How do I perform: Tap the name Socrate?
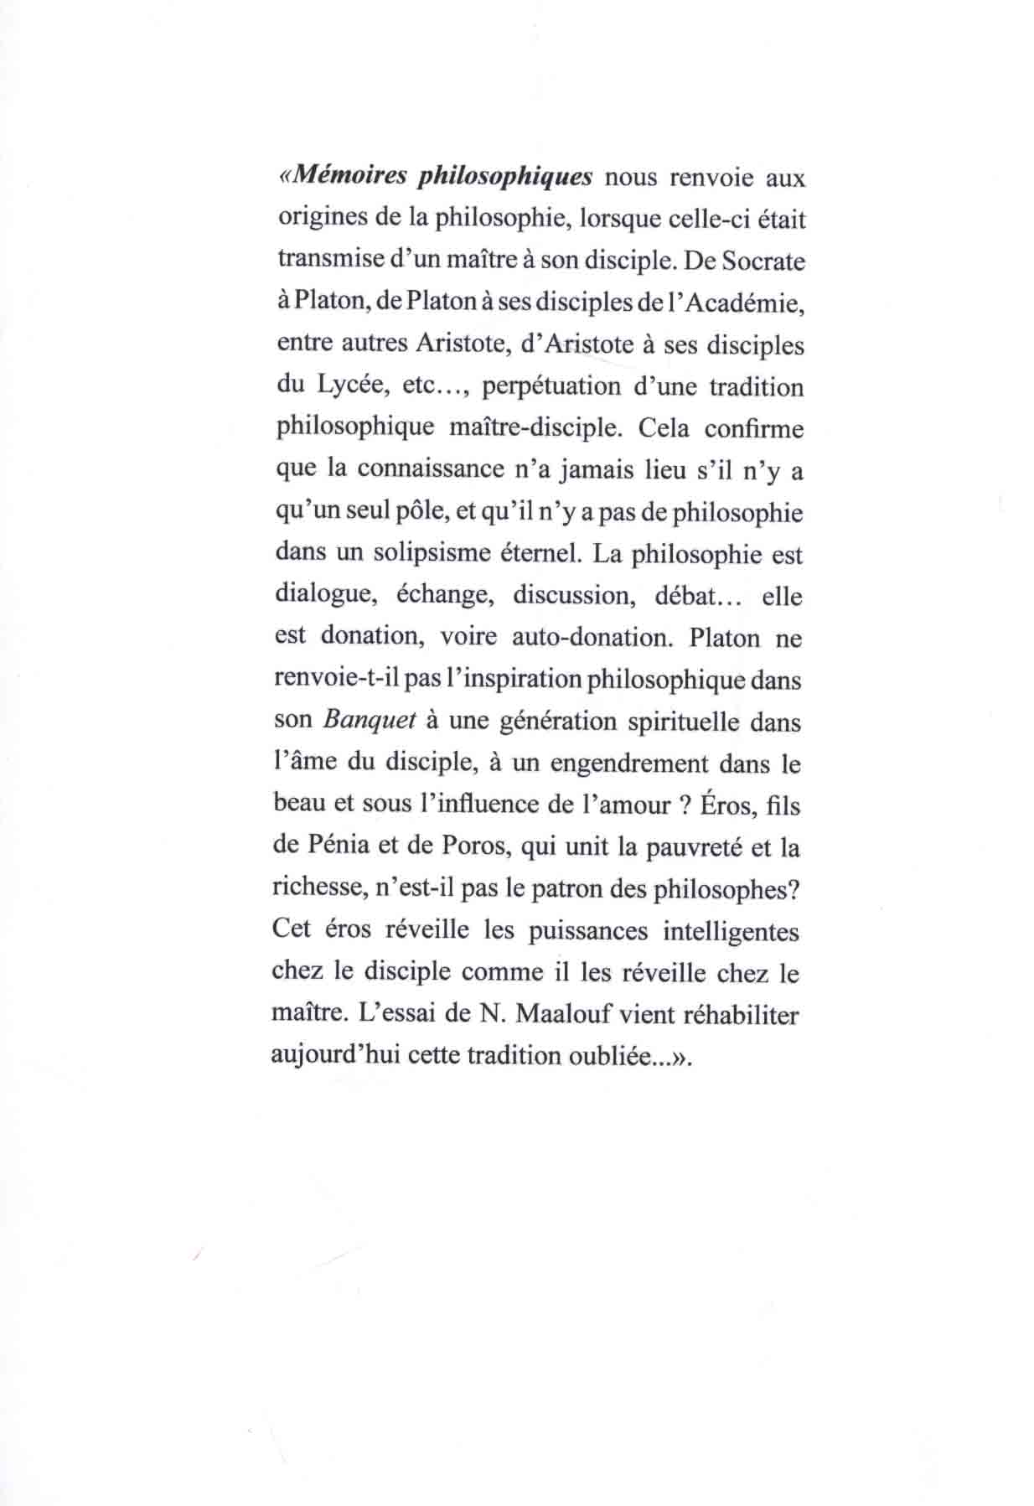(762, 261)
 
